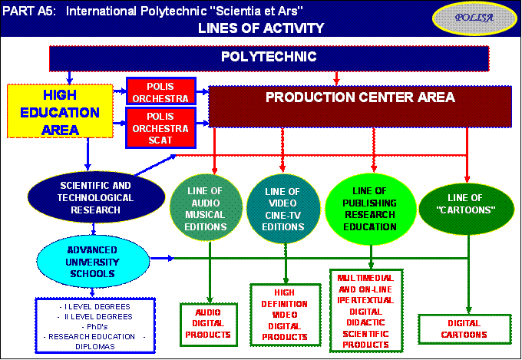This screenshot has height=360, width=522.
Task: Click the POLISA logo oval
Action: pyautogui.click(x=474, y=18)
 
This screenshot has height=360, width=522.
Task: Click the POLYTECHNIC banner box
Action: pyautogui.click(x=269, y=58)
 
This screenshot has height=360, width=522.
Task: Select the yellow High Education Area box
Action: pyautogui.click(x=60, y=111)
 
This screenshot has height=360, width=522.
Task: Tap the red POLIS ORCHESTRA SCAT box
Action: pyautogui.click(x=160, y=128)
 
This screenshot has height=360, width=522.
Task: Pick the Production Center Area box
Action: pyautogui.click(x=360, y=107)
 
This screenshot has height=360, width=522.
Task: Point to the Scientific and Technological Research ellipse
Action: pyautogui.click(x=96, y=197)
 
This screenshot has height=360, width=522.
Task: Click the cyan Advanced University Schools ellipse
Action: pyautogui.click(x=93, y=262)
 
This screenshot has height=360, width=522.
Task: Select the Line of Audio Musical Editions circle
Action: pyautogui.click(x=206, y=208)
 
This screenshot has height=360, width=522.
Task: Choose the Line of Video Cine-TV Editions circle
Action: pyautogui.click(x=283, y=209)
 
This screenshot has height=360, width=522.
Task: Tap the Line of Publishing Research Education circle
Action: pyautogui.click(x=370, y=209)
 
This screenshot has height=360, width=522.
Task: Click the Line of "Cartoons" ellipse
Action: pyautogui.click(x=466, y=209)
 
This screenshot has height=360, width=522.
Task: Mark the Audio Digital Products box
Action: pyautogui.click(x=209, y=325)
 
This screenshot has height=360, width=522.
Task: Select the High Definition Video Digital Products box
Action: pyautogui.click(x=286, y=315)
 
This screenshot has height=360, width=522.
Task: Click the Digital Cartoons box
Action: pyautogui.click(x=464, y=329)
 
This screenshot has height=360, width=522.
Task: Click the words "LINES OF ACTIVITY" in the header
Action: pyautogui.click(x=261, y=28)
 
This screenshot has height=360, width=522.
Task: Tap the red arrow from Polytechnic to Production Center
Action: pyautogui.click(x=336, y=78)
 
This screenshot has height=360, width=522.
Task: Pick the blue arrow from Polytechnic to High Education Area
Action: pyautogui.click(x=69, y=78)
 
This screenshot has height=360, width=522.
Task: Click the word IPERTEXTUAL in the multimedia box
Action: pyautogui.click(x=365, y=300)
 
